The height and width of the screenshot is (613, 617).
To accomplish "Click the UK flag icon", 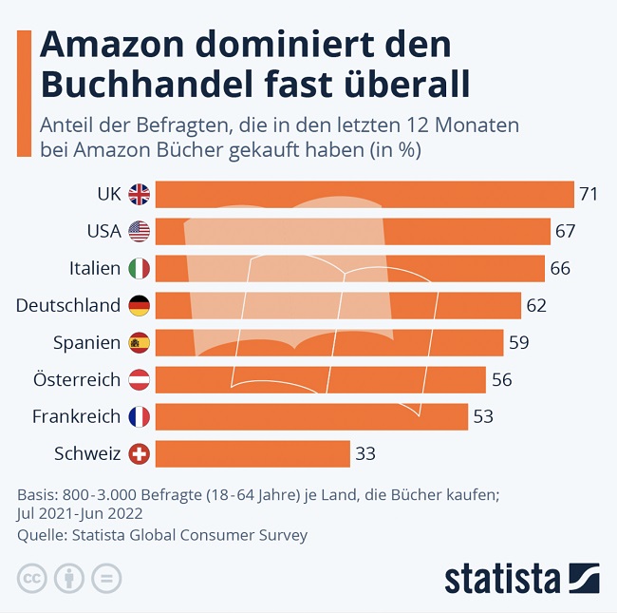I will (x=140, y=195).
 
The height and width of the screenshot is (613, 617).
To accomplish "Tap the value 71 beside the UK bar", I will (x=589, y=195).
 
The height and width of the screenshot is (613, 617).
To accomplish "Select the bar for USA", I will (x=352, y=232).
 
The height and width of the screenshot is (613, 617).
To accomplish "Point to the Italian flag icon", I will (x=140, y=269).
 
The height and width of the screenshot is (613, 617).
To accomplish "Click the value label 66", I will (x=560, y=269).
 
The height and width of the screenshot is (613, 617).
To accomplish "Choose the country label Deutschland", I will (x=68, y=305).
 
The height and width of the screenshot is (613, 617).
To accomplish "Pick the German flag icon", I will (x=140, y=306).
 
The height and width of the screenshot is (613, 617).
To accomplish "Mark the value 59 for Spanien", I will (x=518, y=342).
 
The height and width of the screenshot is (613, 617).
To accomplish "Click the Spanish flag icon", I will (x=140, y=342).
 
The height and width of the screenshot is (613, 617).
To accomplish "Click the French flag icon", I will (x=140, y=416).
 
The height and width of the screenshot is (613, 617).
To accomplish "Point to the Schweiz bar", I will (x=252, y=453).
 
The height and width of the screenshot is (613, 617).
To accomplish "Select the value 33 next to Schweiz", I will (x=365, y=453).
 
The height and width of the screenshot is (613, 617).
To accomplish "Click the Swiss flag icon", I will (x=140, y=453).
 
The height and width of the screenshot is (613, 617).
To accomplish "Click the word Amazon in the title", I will (x=120, y=46).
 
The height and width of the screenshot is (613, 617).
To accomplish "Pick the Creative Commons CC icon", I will (x=32, y=577).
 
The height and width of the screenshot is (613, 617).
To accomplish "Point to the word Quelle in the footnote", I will (x=38, y=535).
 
